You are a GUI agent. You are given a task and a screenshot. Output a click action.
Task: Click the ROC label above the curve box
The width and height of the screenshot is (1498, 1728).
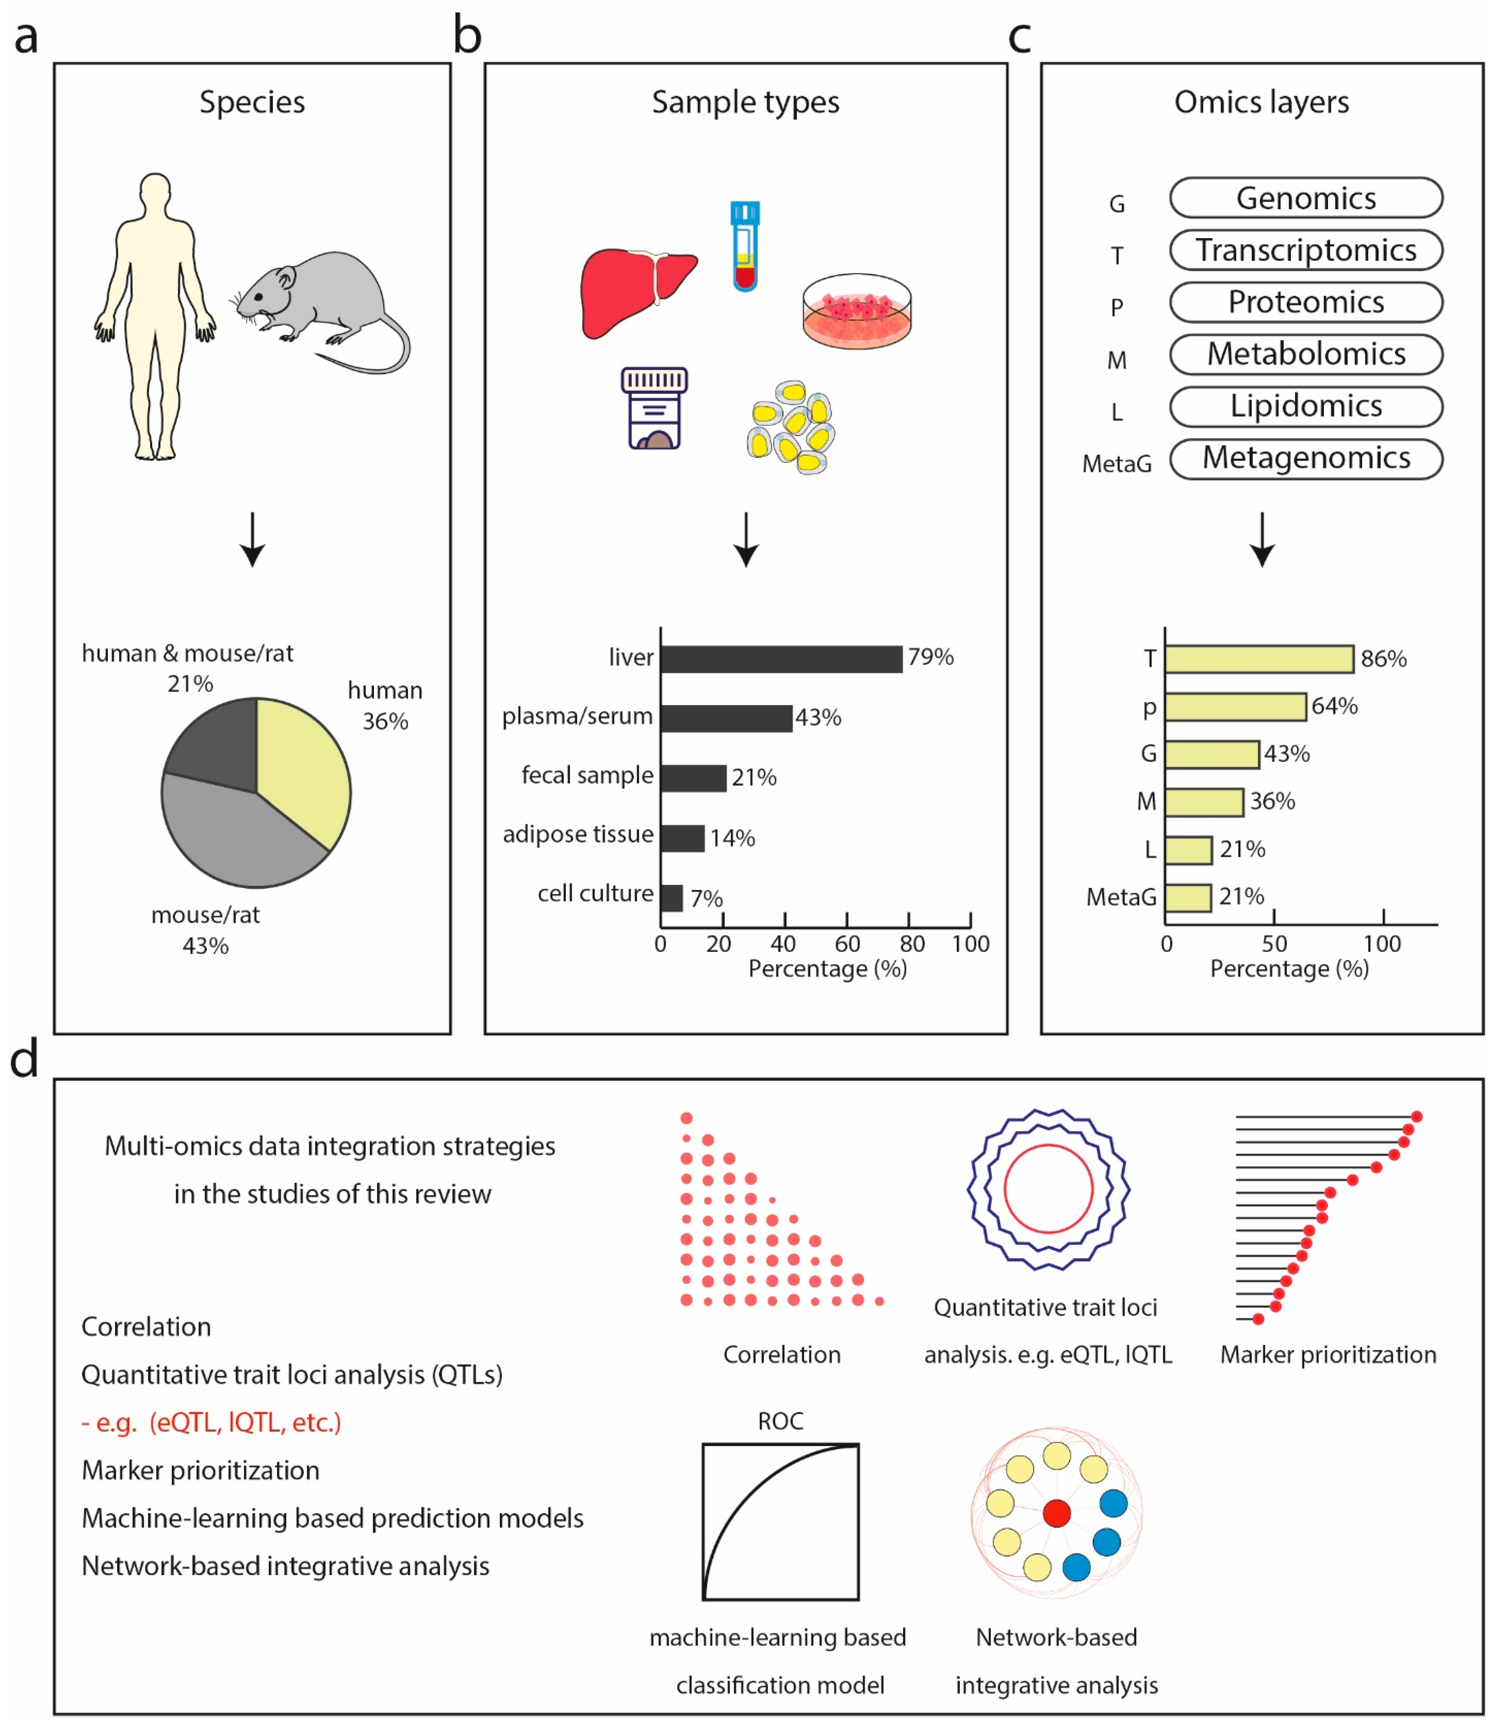780,1421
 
